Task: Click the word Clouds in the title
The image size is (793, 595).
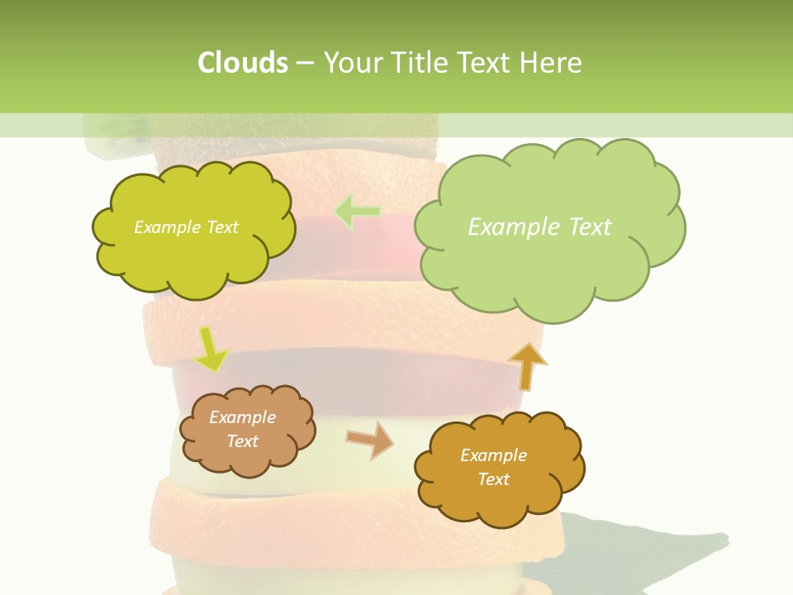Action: click(x=242, y=62)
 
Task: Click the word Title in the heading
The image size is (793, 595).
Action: click(x=420, y=62)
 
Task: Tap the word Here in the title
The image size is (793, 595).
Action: click(x=550, y=62)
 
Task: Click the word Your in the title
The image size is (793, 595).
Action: click(x=353, y=62)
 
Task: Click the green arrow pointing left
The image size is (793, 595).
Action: click(x=358, y=212)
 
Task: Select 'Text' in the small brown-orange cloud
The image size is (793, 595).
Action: click(x=242, y=441)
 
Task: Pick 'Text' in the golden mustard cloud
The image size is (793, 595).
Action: click(x=493, y=479)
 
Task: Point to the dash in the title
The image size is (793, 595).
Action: click(x=304, y=63)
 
